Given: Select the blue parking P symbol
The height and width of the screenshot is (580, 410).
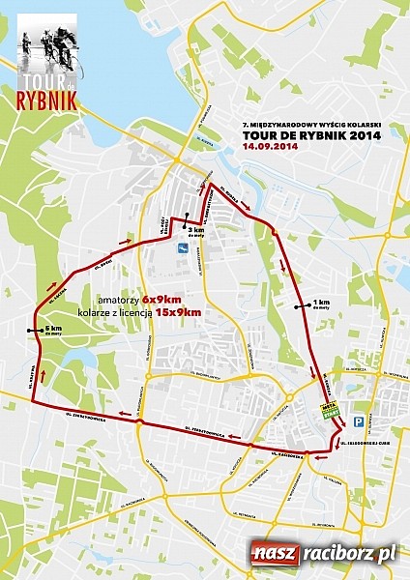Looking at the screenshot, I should click(x=358, y=421).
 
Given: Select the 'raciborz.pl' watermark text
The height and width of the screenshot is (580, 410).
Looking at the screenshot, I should click(x=347, y=554).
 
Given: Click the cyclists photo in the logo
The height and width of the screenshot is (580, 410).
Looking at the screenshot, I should click(x=44, y=43).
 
